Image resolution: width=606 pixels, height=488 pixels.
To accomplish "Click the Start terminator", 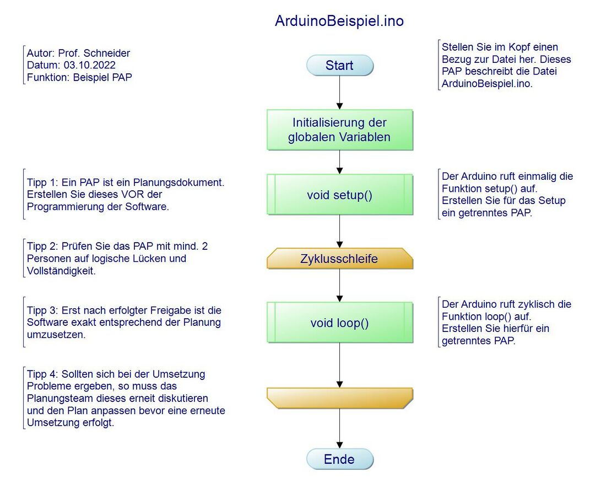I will [339, 66].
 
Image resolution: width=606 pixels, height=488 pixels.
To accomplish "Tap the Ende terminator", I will [339, 459].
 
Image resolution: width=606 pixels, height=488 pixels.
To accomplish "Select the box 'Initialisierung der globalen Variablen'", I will [339, 130].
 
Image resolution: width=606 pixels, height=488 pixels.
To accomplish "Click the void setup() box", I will [339, 195].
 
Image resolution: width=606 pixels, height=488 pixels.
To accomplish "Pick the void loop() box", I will [339, 323].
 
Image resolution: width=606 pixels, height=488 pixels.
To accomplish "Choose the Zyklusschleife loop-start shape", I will [339, 259].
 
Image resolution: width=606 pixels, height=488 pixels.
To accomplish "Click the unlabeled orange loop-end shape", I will [339, 398].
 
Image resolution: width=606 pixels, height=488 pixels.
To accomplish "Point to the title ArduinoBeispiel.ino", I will [339, 22].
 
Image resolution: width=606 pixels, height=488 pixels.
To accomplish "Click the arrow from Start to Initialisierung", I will [339, 93].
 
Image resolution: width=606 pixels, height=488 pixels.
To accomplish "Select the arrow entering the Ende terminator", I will [339, 429].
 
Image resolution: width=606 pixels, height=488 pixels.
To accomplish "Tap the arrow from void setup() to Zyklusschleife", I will [339, 231].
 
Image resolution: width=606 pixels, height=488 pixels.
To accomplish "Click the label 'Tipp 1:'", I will [42, 183].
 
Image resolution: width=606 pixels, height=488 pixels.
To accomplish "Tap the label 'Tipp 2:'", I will [42, 246].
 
